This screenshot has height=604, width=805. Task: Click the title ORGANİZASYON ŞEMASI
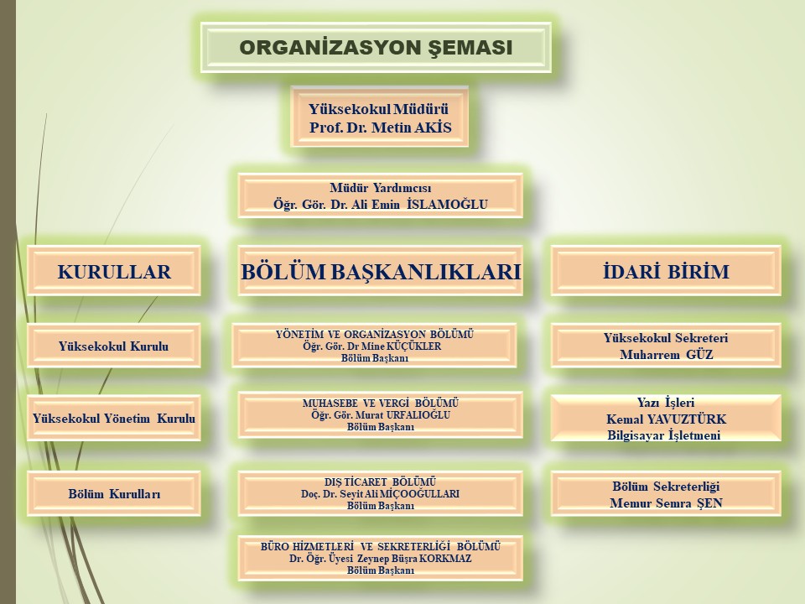click(376, 47)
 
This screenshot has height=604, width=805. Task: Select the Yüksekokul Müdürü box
click(379, 117)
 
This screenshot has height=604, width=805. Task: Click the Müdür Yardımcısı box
click(381, 195)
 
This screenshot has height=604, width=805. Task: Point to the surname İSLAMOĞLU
click(447, 205)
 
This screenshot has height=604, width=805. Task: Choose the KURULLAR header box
click(114, 271)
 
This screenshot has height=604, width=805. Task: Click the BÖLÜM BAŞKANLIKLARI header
click(381, 271)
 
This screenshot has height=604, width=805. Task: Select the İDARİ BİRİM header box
click(666, 271)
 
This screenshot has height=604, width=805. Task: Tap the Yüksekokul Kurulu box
click(114, 345)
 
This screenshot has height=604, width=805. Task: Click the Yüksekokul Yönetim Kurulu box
click(114, 418)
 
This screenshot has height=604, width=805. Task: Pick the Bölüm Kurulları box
click(114, 493)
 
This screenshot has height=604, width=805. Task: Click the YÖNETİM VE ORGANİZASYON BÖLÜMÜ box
click(374, 345)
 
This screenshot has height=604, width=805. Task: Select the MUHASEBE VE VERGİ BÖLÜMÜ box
click(381, 414)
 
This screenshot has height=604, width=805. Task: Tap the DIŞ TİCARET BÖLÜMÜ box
click(381, 493)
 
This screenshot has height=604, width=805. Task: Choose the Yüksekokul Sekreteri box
click(666, 345)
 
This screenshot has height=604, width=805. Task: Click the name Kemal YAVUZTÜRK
click(667, 419)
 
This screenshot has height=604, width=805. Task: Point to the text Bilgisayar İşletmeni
click(664, 435)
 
